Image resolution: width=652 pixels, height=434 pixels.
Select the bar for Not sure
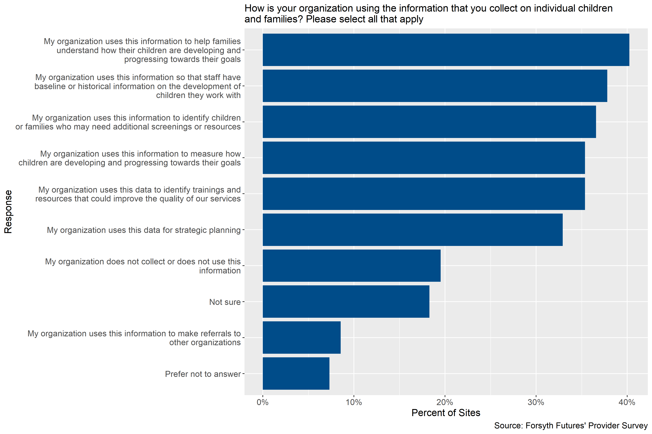point(346,301)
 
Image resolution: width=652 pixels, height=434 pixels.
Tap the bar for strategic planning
point(413,229)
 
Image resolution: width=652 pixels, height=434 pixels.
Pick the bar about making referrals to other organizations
point(301,337)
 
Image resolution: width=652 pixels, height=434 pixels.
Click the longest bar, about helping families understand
point(446,50)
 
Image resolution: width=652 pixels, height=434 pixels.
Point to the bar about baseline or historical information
point(435,86)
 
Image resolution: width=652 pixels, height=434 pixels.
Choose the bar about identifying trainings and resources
point(424,193)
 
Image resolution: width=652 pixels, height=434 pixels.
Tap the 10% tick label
point(354,402)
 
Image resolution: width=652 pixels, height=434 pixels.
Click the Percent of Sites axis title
point(446,413)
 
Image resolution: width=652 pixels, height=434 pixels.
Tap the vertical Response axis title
point(8,212)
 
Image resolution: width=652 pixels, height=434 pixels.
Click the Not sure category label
point(225,302)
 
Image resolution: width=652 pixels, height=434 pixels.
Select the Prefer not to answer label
point(203,374)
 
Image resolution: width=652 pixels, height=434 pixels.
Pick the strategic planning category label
point(144,230)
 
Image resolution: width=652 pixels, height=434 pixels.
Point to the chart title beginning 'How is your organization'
point(428,14)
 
